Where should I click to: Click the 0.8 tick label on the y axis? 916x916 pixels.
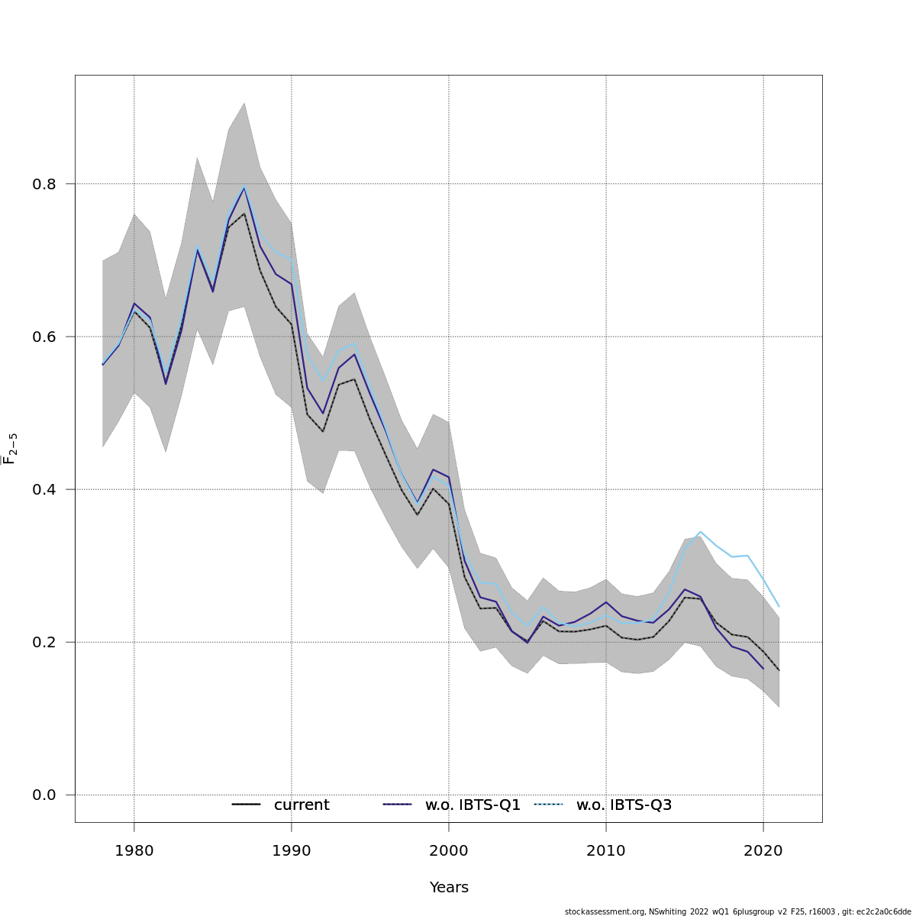pos(45,184)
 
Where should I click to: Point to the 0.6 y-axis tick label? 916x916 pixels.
pos(45,337)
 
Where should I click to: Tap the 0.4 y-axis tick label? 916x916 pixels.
pos(45,489)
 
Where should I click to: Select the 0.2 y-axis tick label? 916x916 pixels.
pos(45,642)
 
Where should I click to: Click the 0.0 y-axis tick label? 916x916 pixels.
pos(45,795)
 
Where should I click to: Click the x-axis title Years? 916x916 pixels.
pos(449,888)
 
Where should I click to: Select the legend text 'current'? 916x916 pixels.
pos(302,805)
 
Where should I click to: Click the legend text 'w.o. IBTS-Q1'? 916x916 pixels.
pos(473,805)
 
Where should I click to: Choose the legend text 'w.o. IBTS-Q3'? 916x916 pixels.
pos(624,805)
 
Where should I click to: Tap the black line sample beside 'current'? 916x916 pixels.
pos(247,805)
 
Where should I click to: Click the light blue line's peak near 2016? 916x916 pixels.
pos(700,531)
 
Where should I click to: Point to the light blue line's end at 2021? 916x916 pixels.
pos(779,606)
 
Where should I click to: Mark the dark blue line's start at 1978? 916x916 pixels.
pos(103,365)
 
